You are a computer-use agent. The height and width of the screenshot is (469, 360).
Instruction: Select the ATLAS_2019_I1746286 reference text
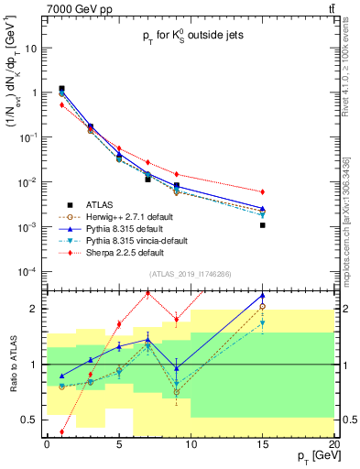[191, 274]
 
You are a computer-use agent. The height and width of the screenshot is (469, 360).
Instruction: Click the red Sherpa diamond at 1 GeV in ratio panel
[61, 431]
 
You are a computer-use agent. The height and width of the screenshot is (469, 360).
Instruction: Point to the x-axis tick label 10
[191, 445]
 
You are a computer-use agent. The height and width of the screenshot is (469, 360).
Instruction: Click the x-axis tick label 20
[334, 445]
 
